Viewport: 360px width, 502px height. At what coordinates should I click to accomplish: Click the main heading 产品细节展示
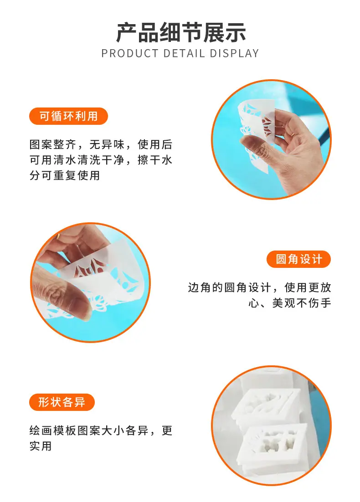181,32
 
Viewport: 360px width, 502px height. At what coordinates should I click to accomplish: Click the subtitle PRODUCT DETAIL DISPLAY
180,53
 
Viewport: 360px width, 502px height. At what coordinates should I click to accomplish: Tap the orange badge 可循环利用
68,116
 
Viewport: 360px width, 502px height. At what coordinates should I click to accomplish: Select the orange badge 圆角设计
298,259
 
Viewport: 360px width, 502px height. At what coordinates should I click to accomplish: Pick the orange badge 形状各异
62,402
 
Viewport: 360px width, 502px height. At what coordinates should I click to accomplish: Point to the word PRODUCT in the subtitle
130,53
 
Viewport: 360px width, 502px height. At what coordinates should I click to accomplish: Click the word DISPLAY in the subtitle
234,53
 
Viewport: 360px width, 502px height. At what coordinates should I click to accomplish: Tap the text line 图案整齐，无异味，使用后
101,144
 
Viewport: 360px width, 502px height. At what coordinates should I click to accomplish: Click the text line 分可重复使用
65,175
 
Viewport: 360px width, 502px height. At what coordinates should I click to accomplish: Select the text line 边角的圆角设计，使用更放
259,287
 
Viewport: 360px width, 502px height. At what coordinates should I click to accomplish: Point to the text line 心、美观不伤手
290,303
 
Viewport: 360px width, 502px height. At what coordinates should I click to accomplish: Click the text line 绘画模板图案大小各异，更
101,430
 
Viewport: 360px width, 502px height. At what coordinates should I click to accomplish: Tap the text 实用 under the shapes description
41,446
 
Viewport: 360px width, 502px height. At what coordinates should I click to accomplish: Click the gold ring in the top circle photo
293,135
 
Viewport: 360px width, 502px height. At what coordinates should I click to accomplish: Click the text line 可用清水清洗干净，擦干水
101,160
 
